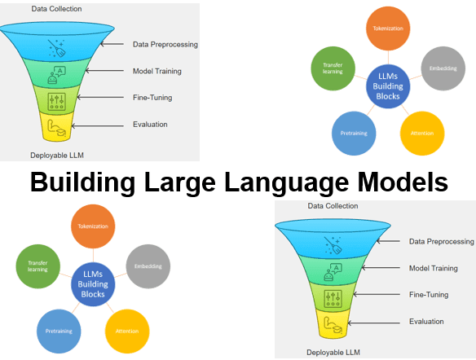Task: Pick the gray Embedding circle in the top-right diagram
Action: (x=443, y=69)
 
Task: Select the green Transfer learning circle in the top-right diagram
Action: (x=333, y=68)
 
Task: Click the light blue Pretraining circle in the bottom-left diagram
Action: (x=59, y=331)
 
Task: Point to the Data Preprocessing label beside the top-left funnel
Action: (x=165, y=44)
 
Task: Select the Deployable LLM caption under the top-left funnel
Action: (x=57, y=155)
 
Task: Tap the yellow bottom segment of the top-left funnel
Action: (x=56, y=126)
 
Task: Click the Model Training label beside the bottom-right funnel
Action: (x=433, y=268)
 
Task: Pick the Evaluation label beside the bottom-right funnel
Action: (x=426, y=322)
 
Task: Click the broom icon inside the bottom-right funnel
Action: (x=333, y=243)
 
